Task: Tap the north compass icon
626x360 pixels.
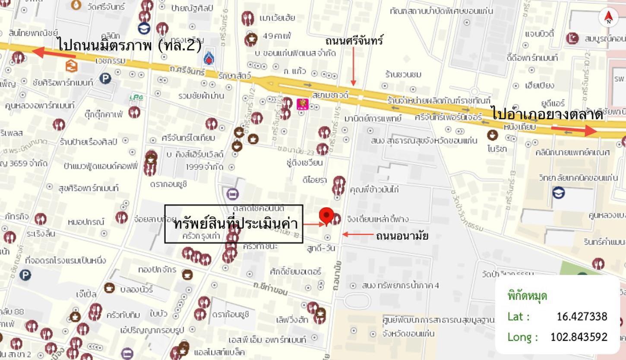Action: (608, 17)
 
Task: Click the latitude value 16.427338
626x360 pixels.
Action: (582, 316)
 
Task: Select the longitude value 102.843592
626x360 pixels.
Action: (579, 337)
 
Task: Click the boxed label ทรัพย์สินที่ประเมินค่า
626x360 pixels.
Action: (234, 224)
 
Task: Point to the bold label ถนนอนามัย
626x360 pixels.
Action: (402, 236)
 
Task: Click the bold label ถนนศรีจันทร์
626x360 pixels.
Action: (354, 41)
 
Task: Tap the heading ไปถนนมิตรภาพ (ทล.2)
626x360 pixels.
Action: (129, 44)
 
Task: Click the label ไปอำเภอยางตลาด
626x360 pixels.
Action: (547, 114)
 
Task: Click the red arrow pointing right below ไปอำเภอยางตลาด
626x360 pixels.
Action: (574, 129)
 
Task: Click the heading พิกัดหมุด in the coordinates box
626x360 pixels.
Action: (527, 296)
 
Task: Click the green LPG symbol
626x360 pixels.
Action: (136, 98)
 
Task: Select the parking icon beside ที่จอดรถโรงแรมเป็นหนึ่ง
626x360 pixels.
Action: (25, 275)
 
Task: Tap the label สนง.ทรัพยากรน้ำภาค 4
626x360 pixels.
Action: (401, 285)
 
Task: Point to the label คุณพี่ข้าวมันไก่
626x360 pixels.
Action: (374, 189)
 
